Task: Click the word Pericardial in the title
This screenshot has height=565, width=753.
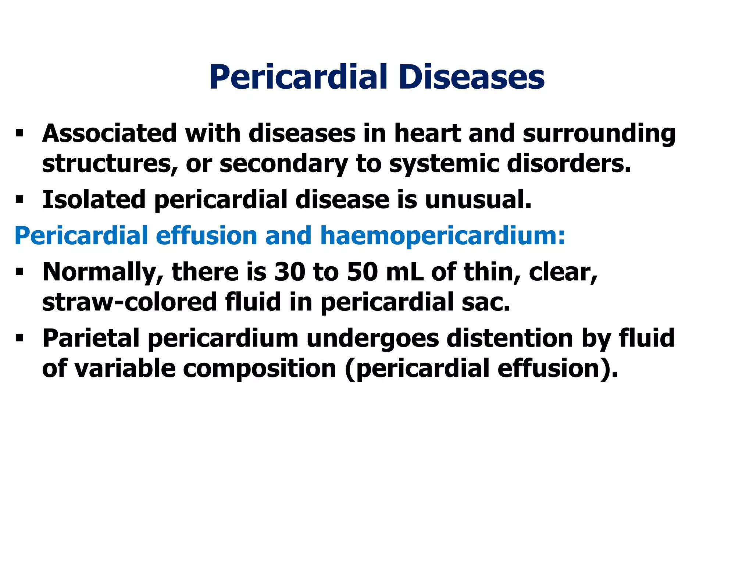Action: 298,77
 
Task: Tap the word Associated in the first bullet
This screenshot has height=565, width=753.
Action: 110,133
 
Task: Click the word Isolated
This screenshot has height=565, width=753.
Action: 94,200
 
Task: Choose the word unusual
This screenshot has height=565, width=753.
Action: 478,200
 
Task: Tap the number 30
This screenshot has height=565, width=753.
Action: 289,272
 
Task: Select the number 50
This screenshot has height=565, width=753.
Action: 362,272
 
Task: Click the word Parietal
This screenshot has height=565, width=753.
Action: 91,338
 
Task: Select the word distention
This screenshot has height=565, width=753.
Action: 510,338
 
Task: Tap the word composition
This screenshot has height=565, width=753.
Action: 260,369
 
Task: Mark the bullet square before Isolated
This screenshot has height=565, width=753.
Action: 19,200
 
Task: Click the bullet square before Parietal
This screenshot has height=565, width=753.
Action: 19,339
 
